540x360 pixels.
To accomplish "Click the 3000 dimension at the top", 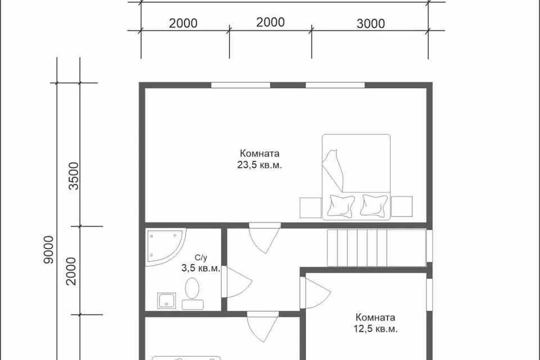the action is tap(371, 24).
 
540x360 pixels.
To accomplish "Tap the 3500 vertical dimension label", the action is tap(74, 175).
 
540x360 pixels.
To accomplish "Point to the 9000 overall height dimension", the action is tap(48, 250).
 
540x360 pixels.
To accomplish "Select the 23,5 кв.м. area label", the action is tap(259, 165).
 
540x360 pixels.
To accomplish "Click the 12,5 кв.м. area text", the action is tap(375, 328).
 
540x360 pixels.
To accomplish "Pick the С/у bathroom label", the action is tap(201, 257).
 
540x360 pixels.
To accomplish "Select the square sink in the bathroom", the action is tap(166, 301).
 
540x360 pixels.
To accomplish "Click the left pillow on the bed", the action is tap(341, 206).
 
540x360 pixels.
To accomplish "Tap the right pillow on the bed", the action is tap(374, 205).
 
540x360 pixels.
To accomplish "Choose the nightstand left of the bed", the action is tap(310, 208).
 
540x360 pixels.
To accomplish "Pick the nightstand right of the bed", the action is tap(402, 206).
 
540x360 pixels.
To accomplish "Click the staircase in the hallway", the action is tap(377, 247).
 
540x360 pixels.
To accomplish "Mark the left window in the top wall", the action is tap(240, 85).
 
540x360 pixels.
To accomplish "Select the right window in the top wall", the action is tap(335, 85).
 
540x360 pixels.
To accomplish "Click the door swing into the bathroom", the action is tap(237, 282).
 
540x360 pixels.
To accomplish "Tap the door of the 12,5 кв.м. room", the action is tap(316, 293).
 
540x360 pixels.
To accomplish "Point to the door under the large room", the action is tap(265, 238).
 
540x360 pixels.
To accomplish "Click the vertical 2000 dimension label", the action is tap(71, 271).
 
